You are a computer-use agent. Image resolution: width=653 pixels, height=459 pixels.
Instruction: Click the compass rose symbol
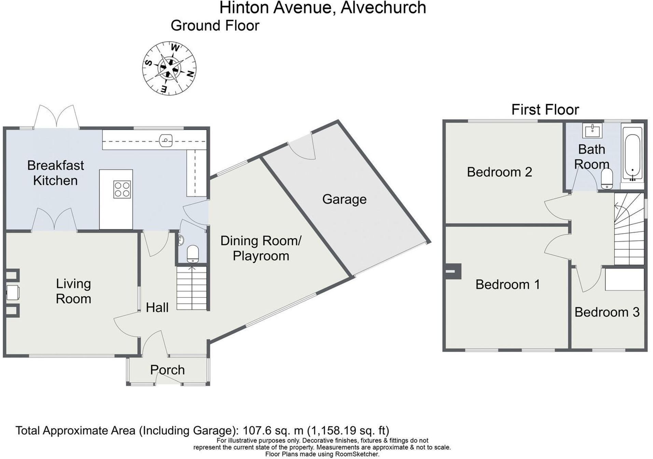point(169,68)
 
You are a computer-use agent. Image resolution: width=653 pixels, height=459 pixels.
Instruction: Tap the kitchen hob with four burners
point(122,189)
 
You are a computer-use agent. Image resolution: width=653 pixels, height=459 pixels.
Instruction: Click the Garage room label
point(344,199)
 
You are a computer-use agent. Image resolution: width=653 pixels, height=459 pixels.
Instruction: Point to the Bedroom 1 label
point(508,284)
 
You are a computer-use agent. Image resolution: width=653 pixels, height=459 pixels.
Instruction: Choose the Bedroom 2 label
point(499,172)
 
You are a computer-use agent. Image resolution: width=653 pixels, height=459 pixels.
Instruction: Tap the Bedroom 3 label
point(607,312)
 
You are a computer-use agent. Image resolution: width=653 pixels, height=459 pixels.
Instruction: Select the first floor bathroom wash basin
point(592,130)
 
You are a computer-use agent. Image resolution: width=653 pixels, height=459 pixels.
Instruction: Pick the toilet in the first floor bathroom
point(607,179)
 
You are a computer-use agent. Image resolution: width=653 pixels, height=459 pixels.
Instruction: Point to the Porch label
point(167,370)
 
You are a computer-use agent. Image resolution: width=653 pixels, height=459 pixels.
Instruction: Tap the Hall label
point(157,308)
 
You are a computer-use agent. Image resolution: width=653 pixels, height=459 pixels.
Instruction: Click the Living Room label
point(73,291)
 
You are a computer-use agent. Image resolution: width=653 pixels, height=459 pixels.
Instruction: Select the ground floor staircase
point(192,289)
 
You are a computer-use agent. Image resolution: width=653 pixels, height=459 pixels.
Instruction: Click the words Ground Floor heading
point(215,26)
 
